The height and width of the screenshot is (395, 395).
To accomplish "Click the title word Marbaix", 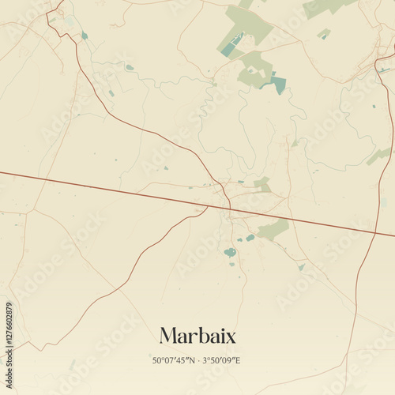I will coord(197,336).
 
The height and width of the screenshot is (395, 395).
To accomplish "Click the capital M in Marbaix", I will coord(169,336).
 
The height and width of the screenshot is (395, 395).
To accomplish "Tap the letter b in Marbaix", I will coord(201,336).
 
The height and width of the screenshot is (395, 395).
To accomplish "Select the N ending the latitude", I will coord(194,360).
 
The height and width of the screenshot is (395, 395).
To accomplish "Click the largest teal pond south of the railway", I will coord(230,253).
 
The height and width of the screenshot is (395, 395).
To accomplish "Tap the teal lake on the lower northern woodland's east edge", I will coord(279,84).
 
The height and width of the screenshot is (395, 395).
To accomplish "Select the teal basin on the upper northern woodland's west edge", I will coord(228,48).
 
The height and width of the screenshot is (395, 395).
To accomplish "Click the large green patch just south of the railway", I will coord(273,230).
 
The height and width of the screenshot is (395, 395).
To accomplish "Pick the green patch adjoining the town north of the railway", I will coord(262,184).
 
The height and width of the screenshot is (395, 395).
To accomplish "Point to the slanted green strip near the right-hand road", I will coord(378,156).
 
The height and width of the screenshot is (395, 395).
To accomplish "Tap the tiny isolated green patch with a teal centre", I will coord(323,34).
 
